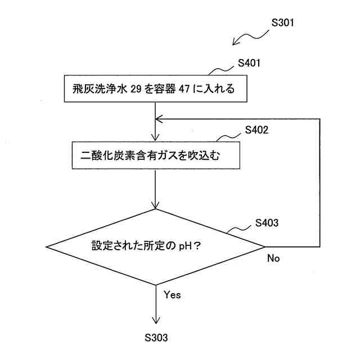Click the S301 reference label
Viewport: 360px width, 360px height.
pyautogui.click(x=282, y=24)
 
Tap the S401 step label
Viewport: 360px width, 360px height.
pyautogui.click(x=248, y=63)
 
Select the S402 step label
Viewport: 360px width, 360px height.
pyautogui.click(x=256, y=130)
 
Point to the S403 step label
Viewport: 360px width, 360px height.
pyautogui.click(x=266, y=223)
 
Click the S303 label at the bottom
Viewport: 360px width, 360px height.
pyautogui.click(x=156, y=337)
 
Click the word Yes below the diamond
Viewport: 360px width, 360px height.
pyautogui.click(x=172, y=294)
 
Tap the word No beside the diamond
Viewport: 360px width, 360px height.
pyautogui.click(x=273, y=258)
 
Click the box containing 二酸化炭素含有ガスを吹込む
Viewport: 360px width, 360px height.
pyautogui.click(x=154, y=156)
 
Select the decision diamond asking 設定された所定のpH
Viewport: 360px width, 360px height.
pyautogui.click(x=155, y=246)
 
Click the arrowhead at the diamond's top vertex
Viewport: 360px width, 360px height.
pyautogui.click(x=155, y=205)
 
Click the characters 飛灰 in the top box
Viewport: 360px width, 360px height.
pyautogui.click(x=80, y=89)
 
